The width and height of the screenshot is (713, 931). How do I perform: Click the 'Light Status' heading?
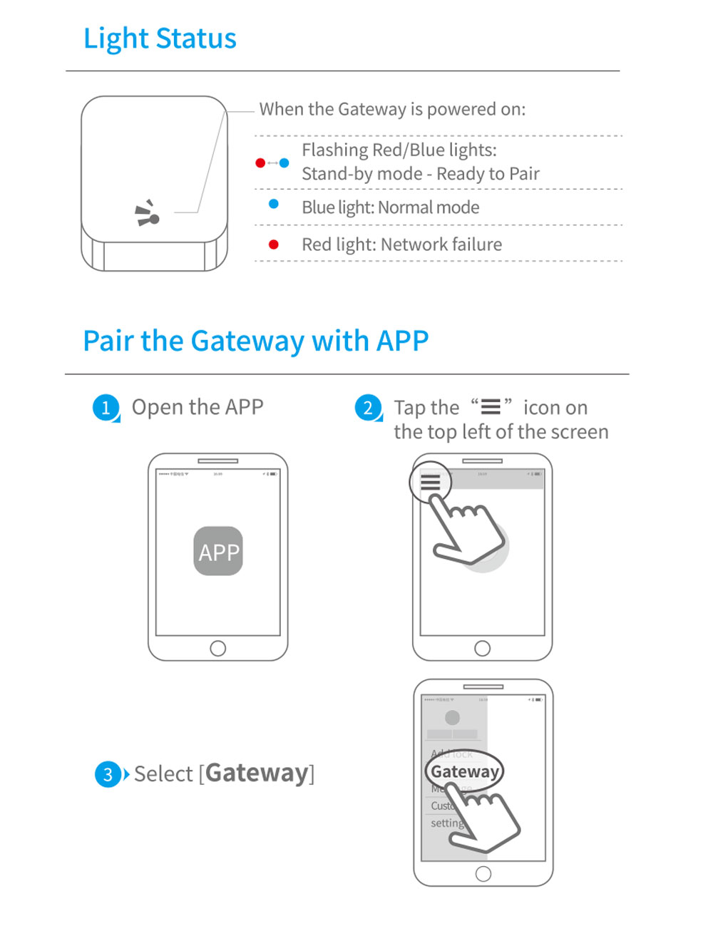pos(160,39)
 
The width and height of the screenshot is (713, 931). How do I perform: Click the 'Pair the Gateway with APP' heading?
pos(255,341)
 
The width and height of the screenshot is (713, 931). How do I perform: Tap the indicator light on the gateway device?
pos(153,219)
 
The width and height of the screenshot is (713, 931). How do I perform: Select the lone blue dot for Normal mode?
pos(273,205)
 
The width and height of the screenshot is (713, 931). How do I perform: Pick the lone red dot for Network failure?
pos(273,245)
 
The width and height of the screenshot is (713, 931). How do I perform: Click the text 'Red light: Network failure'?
pos(401,245)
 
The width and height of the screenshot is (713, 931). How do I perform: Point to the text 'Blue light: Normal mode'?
pos(390,207)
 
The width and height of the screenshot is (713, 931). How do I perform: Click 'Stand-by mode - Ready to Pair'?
pos(420,174)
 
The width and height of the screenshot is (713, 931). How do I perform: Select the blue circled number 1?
pos(106,408)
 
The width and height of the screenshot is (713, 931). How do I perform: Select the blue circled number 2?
pos(368,408)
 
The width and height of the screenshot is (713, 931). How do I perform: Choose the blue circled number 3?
pos(108,774)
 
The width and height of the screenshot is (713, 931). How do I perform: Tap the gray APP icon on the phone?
pos(218,551)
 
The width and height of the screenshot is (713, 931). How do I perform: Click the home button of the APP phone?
pos(218,648)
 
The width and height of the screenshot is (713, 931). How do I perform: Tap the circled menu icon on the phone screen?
pos(430,483)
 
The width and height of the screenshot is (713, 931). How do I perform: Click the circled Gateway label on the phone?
pos(464,771)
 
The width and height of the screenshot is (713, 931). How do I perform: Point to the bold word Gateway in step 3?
pos(257,773)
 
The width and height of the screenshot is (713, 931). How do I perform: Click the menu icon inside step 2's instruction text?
pos(491,407)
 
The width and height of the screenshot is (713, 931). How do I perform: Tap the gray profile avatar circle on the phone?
pos(452,717)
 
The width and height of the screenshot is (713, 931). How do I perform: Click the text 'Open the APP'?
pos(198,407)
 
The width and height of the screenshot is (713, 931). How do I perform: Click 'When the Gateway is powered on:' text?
pos(392,109)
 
